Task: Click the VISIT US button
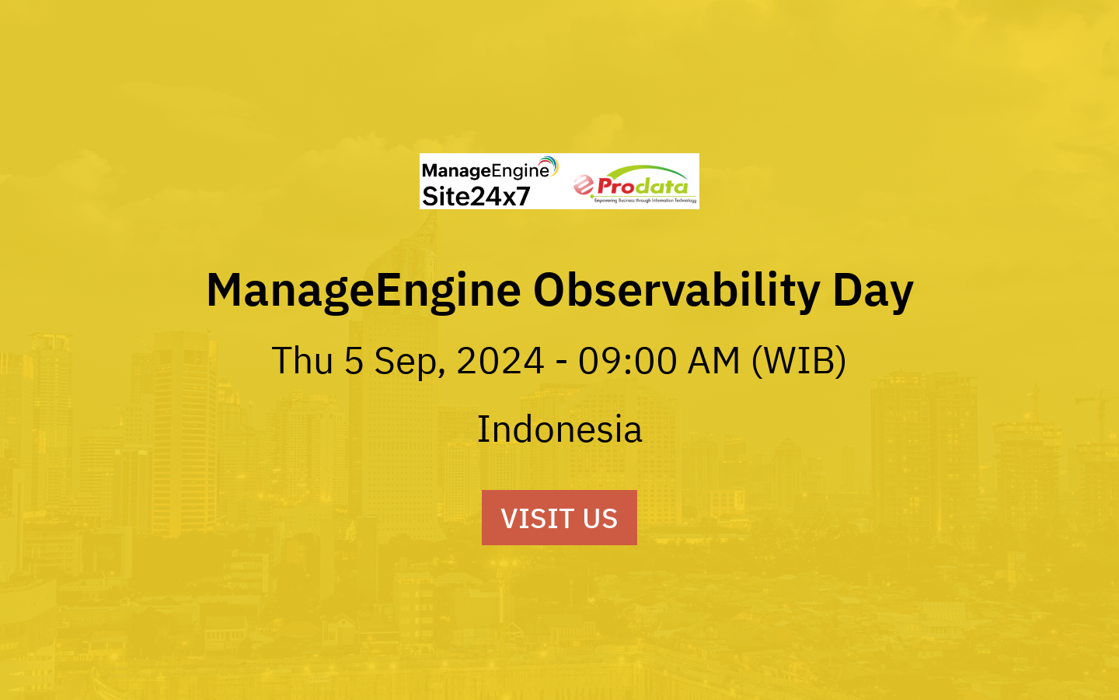[559, 517]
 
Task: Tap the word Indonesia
[559, 429]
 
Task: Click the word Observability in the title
[676, 290]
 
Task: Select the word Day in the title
[873, 290]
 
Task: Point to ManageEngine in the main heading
[363, 290]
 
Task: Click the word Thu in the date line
[302, 361]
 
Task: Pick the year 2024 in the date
[500, 361]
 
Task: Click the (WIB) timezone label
[798, 361]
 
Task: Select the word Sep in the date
[406, 361]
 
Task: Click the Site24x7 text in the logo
[476, 197]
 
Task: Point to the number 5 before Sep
[354, 361]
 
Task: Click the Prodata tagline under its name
[645, 201]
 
